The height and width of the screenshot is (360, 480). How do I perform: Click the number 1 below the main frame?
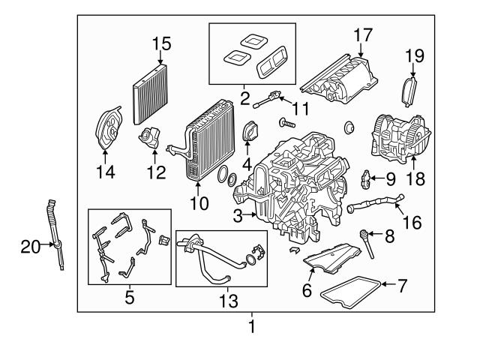point(252,327)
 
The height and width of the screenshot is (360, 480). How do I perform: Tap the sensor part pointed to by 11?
point(268,97)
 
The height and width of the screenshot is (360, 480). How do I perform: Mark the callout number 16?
point(412,223)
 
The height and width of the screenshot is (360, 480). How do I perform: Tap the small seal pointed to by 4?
point(249,131)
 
